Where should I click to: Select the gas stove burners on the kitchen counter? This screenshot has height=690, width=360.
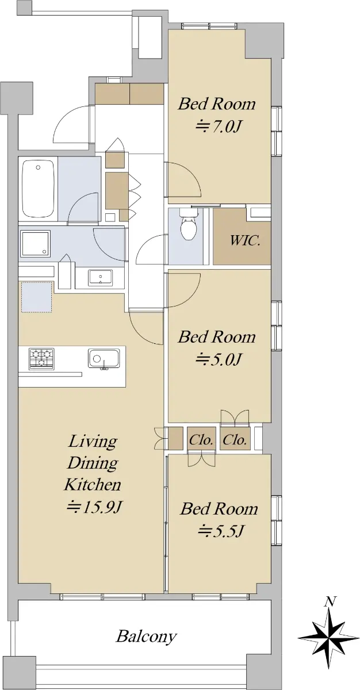pos(41,359)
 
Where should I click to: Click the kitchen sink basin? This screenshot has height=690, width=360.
pos(104,358)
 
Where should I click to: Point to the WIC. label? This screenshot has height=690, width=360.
pos(245,240)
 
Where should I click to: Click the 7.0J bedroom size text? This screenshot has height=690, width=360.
pos(218,126)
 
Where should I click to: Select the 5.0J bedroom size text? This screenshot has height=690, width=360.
pos(218,359)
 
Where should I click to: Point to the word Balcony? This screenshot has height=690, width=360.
pos(146,635)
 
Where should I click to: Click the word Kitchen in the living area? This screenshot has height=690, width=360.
pos(93,485)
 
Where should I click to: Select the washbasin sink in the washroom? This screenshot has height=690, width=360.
pos(101,278)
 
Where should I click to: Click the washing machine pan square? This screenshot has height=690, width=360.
pos(35,243)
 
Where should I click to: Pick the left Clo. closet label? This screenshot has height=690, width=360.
pos(201,439)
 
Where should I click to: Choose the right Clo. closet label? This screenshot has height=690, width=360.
pos(235,439)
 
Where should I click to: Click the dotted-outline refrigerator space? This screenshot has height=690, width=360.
pos(37,297)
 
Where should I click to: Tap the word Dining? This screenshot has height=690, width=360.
pos(93,463)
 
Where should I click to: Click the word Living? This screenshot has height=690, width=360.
pos(93,442)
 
